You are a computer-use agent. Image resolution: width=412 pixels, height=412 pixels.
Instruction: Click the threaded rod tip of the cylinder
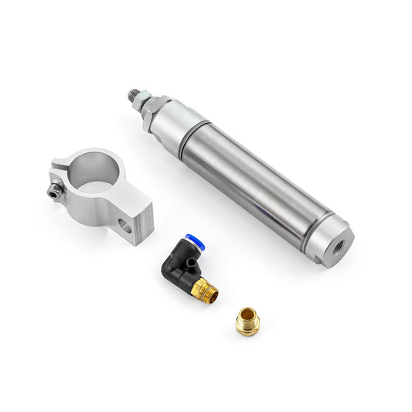(x=133, y=96)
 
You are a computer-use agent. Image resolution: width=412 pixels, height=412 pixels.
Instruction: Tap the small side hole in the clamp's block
(x=124, y=226)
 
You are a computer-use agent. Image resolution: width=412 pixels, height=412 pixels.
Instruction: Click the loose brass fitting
(x=247, y=320)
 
